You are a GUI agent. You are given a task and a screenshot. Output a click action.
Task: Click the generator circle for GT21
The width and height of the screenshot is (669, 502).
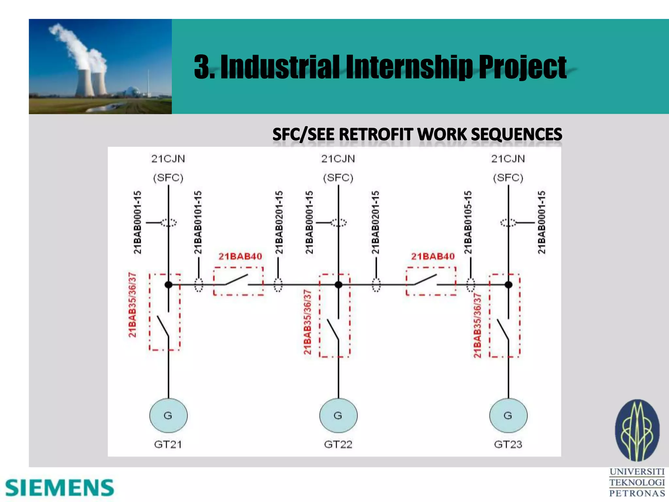point(168,415)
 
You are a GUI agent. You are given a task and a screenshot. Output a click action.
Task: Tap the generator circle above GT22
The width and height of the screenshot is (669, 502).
point(338,415)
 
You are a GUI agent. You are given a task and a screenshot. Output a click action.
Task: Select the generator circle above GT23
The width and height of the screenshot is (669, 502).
point(508,415)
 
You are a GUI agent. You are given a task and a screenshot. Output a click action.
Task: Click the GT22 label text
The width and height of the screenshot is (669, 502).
point(338,444)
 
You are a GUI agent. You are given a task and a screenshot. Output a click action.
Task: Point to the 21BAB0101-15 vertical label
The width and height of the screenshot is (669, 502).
point(198,223)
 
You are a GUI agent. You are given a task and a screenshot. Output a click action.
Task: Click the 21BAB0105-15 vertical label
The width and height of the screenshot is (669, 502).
point(468,223)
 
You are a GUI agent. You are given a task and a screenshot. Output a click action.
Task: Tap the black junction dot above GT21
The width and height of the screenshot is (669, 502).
point(169,285)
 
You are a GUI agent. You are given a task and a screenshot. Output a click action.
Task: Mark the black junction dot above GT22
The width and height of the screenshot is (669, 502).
point(338,285)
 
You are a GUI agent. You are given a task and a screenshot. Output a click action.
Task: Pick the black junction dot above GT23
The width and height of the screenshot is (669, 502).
point(508,285)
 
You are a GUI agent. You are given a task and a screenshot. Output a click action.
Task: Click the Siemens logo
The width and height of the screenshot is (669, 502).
point(60,488)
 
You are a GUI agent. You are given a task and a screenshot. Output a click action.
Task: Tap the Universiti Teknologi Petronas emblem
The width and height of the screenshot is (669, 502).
point(637,430)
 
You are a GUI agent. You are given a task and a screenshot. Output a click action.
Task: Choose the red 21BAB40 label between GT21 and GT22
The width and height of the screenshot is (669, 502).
point(240,257)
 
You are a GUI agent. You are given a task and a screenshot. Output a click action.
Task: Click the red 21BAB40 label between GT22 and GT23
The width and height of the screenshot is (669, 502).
point(433,257)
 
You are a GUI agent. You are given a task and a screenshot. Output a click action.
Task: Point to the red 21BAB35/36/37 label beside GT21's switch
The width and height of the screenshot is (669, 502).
point(132,305)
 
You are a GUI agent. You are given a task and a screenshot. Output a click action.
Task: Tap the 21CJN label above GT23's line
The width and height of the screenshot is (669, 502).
point(508,159)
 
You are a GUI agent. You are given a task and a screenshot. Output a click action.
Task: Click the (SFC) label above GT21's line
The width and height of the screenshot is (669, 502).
point(168,178)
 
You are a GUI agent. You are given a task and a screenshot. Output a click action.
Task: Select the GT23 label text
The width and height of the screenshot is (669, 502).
point(508,444)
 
